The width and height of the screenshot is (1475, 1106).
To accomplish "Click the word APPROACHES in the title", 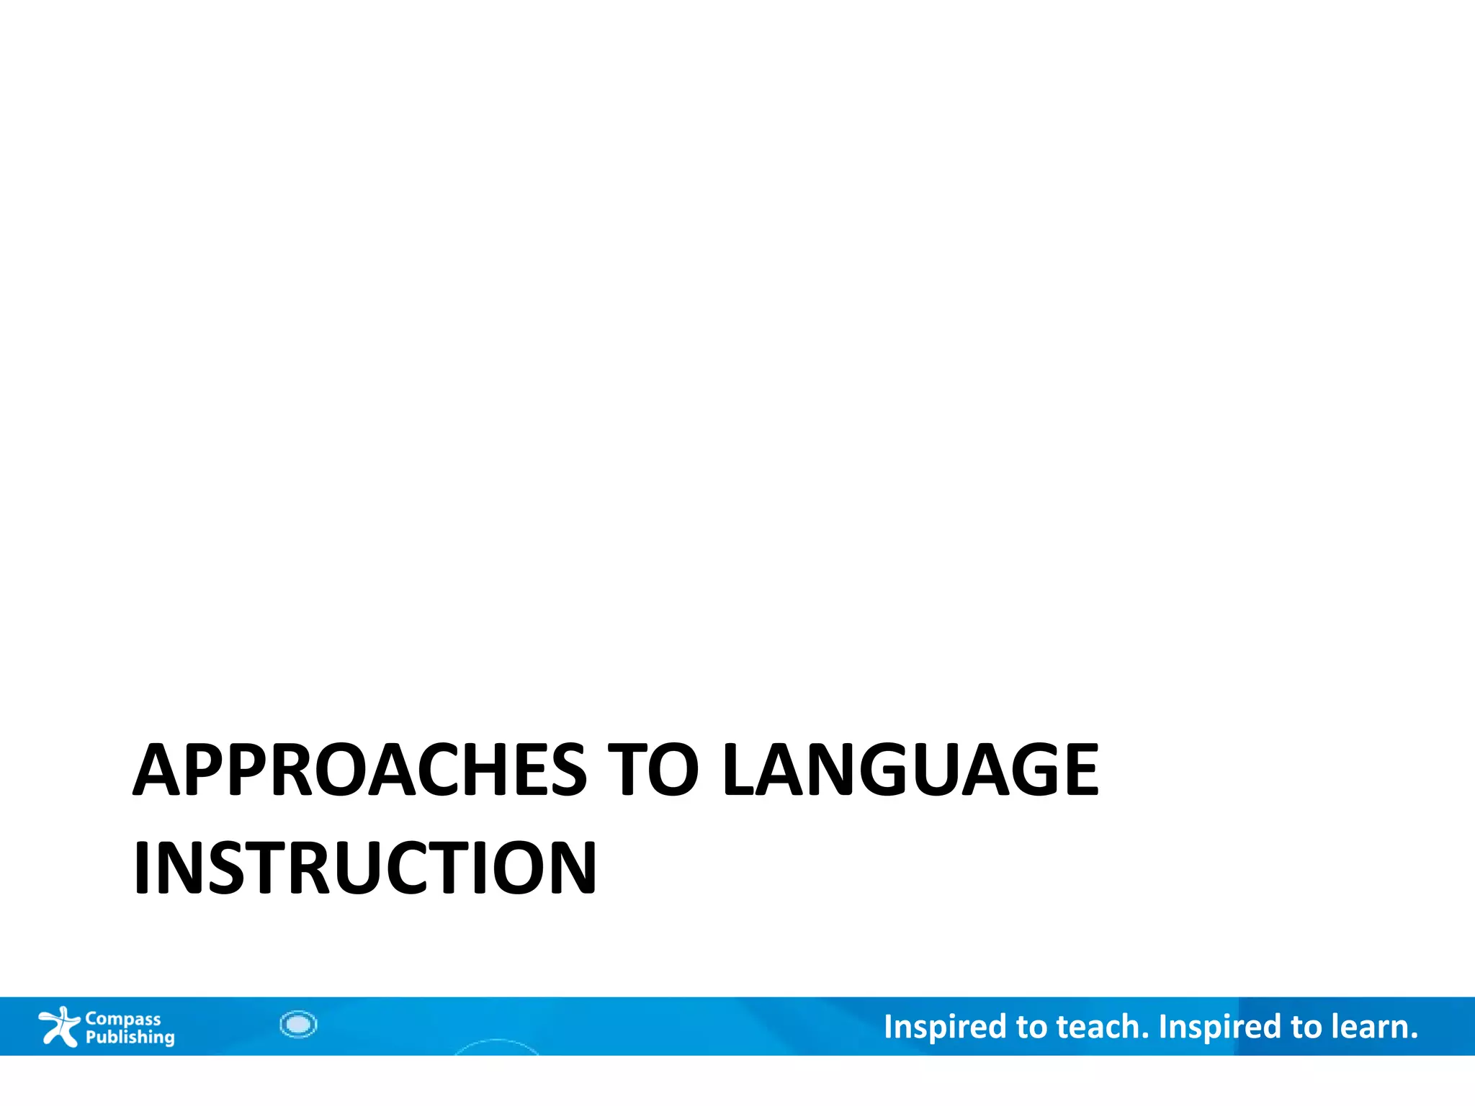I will pyautogui.click(x=359, y=770).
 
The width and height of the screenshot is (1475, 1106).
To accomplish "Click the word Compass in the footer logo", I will pyautogui.click(x=123, y=1019).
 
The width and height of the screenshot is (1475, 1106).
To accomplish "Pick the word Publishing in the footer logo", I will pyautogui.click(x=130, y=1038).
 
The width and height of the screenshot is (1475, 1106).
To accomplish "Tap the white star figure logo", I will pyautogui.click(x=58, y=1026).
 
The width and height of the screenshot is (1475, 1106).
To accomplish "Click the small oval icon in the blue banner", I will pyautogui.click(x=298, y=1024).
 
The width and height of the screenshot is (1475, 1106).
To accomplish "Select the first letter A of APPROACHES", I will pyautogui.click(x=156, y=770).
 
